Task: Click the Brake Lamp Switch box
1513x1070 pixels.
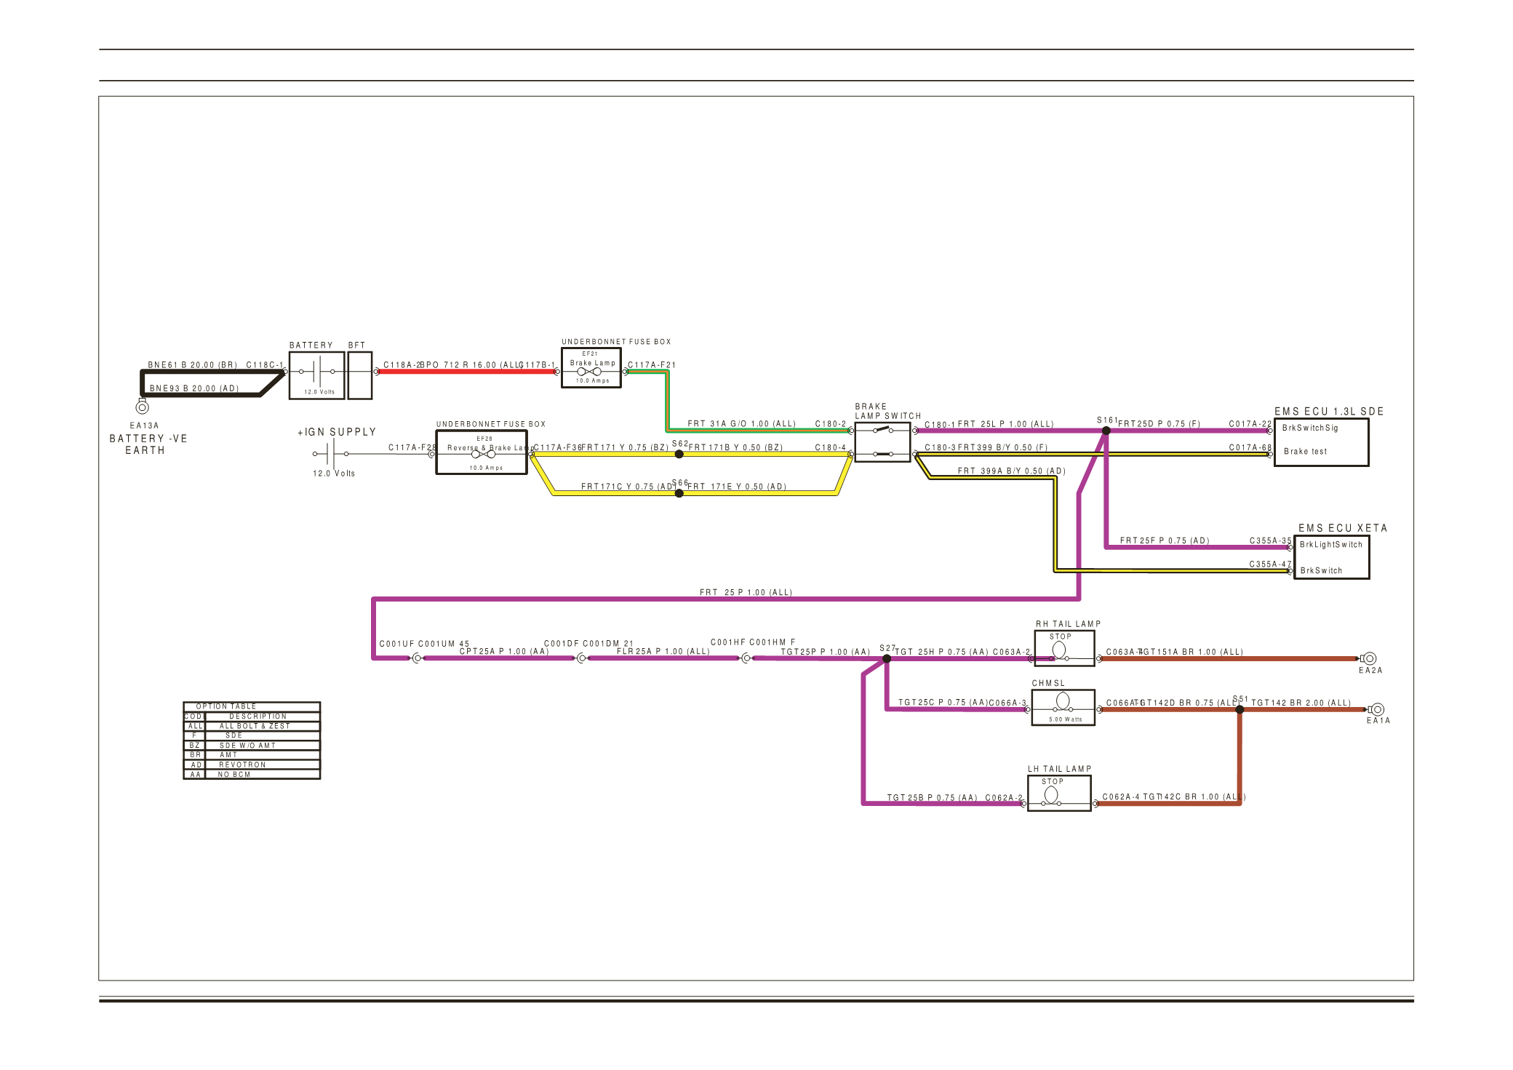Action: point(882,442)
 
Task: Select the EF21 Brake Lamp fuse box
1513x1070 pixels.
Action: point(591,368)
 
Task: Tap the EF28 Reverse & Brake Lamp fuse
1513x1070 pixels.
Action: point(482,452)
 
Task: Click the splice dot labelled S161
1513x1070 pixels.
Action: point(1106,431)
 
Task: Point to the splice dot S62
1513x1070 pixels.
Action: point(679,454)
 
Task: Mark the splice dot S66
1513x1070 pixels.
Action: point(679,493)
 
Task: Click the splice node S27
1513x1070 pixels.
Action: point(886,658)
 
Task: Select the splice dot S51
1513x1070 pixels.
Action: point(1239,709)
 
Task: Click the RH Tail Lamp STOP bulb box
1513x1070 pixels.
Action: point(1063,648)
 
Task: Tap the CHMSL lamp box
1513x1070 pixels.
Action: point(1062,707)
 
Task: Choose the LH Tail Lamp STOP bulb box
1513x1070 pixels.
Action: point(1058,793)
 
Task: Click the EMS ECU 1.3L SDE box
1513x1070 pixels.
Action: point(1321,442)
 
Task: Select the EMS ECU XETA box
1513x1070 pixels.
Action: point(1331,557)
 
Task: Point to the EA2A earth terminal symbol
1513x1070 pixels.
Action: point(1369,658)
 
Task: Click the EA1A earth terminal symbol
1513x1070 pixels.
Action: point(1377,709)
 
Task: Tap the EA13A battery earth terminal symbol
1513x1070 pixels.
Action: point(143,407)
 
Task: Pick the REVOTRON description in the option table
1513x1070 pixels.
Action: point(243,764)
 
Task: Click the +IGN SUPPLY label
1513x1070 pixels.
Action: point(337,432)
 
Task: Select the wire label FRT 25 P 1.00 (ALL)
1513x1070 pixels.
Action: point(746,592)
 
